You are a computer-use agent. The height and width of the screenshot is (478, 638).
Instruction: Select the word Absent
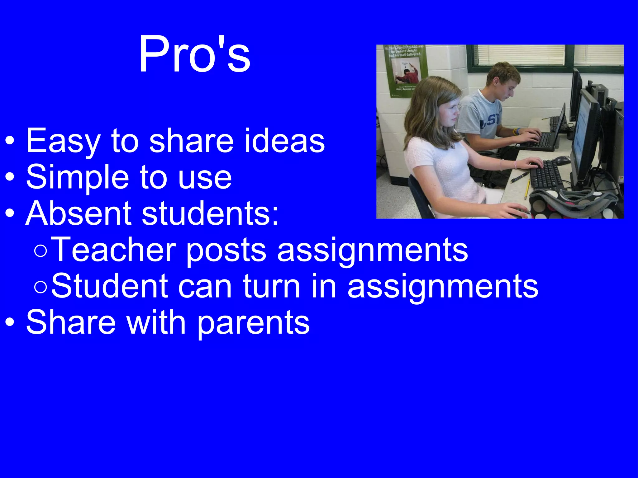pyautogui.click(x=79, y=213)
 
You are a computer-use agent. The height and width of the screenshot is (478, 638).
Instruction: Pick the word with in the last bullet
pyautogui.click(x=156, y=322)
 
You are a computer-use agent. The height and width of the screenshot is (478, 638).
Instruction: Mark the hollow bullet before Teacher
pyautogui.click(x=41, y=251)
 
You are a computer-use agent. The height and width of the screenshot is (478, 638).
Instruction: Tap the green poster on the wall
pyautogui.click(x=405, y=70)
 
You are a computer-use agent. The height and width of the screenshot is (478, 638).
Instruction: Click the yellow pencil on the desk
pyautogui.click(x=527, y=189)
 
